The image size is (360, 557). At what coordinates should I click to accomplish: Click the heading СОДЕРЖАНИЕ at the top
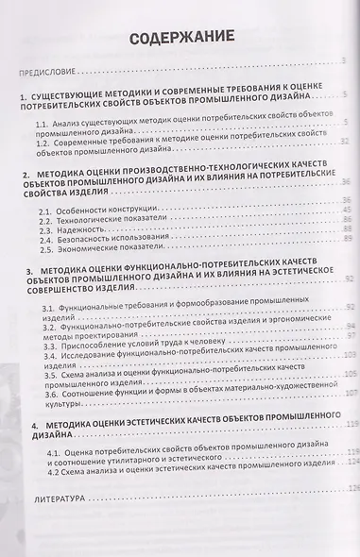click(x=180, y=38)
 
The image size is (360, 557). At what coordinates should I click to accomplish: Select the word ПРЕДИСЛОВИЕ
click(x=55, y=71)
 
